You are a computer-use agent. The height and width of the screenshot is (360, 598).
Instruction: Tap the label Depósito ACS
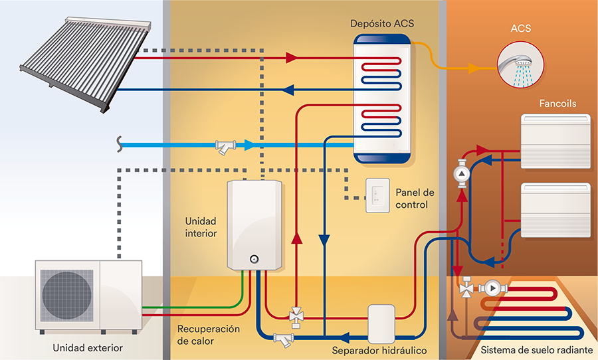382,24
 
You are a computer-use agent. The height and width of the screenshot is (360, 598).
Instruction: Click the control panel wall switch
376,196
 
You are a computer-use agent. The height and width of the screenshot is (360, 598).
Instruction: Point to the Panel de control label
414,199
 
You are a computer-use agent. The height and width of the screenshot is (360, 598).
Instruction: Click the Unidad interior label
201,227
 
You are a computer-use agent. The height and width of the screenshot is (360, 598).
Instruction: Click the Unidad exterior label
88,347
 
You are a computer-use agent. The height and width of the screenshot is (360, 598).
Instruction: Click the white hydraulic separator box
381,321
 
